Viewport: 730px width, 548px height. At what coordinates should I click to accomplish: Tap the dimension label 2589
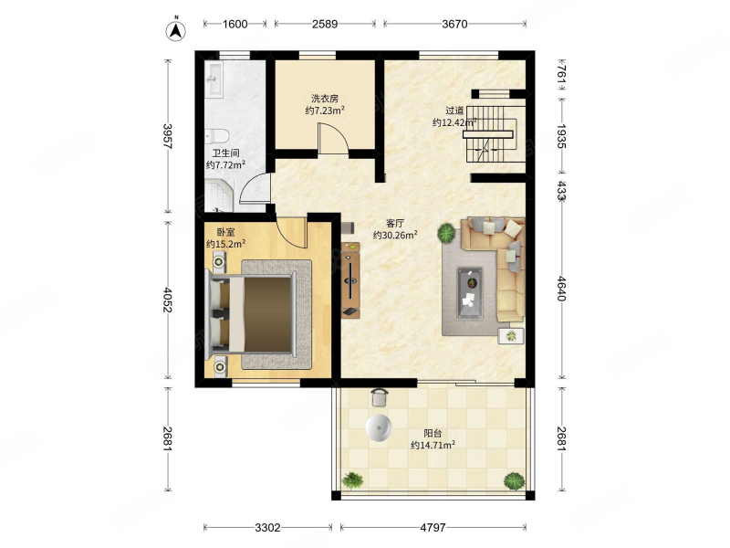[x=325, y=24]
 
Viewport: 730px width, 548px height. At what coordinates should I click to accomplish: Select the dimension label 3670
[x=454, y=24]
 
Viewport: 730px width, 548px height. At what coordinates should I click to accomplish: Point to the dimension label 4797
[x=433, y=528]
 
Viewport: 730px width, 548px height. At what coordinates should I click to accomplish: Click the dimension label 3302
[x=267, y=528]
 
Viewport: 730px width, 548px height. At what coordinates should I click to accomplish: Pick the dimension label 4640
[x=562, y=289]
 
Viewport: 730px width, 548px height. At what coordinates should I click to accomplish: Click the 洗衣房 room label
[x=325, y=99]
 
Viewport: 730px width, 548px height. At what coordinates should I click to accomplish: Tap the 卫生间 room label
[x=225, y=153]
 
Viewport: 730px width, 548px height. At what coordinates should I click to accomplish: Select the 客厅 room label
[x=395, y=223]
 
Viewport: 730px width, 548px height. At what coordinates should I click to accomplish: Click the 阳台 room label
[x=433, y=433]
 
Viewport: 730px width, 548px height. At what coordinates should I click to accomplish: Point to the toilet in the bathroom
[x=216, y=136]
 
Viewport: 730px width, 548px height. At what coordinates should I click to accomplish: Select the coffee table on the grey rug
[x=470, y=293]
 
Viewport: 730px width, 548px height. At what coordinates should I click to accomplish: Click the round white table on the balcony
[x=379, y=427]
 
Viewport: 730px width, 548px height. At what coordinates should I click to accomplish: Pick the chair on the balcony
[x=380, y=397]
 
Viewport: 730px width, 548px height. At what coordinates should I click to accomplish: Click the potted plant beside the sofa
[x=447, y=233]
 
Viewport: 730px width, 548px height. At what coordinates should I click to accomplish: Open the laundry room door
[x=332, y=139]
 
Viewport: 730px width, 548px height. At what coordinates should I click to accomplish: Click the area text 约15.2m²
[x=225, y=244]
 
